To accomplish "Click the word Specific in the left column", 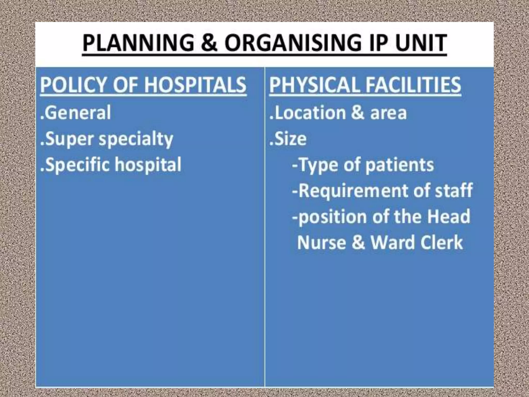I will click(77, 165).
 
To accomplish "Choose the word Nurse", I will click(322, 242).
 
